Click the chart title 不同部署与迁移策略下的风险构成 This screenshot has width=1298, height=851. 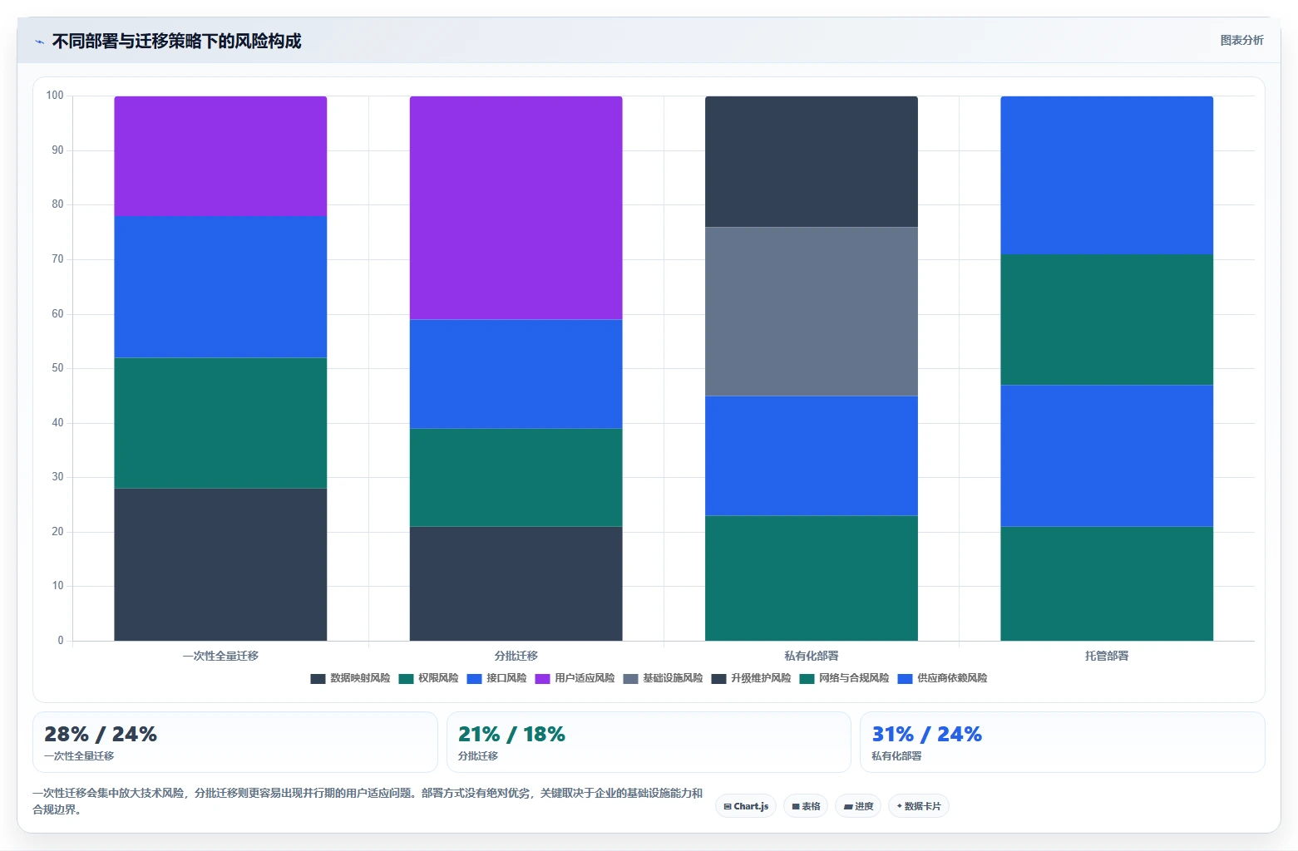pos(177,41)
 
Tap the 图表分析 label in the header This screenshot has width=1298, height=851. pos(1241,41)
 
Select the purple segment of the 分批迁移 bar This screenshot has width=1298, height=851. pos(516,208)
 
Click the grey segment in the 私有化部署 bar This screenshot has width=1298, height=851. pos(812,312)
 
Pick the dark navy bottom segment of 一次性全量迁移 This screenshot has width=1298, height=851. pos(220,564)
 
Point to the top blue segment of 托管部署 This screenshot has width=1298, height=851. pos(1107,175)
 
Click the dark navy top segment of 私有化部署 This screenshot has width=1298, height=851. pos(812,161)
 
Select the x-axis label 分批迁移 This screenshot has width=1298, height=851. pos(516,656)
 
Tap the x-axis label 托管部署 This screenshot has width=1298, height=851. pos(1107,656)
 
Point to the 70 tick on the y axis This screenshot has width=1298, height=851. pos(57,259)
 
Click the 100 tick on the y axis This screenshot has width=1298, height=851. pos(55,95)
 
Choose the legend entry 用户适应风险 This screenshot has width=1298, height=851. pos(575,678)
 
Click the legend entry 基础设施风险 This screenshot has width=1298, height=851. pos(663,678)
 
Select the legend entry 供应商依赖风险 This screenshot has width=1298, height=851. pos(942,678)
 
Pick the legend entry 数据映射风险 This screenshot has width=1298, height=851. pos(350,678)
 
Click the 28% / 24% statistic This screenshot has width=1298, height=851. pos(101,734)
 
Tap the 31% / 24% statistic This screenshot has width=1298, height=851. pos(926,734)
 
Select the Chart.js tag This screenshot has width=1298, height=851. pos(746,806)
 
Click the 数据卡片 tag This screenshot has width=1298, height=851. pos(919,806)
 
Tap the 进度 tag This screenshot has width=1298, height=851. pos(858,806)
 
